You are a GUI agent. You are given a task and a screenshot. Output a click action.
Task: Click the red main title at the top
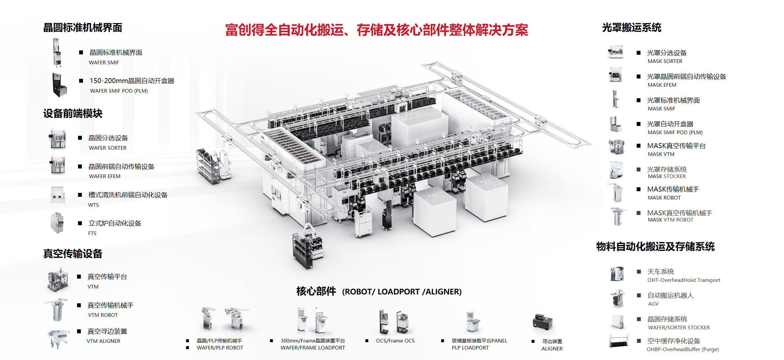[376, 30]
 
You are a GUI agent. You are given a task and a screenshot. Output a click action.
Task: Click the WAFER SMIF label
[104, 63]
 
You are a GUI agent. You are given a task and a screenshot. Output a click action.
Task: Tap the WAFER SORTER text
[108, 148]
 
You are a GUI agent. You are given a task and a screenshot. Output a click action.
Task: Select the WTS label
[94, 205]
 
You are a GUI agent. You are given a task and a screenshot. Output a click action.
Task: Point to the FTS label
[92, 233]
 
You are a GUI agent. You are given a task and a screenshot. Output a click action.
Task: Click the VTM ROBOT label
[103, 315]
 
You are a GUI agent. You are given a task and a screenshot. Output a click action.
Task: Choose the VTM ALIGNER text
[103, 341]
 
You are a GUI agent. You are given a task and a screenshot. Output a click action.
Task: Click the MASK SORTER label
[665, 61]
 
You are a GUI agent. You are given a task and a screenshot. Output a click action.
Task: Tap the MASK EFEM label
[662, 85]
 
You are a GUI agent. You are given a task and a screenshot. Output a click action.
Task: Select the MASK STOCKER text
[667, 176]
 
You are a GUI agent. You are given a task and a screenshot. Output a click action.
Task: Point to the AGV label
[653, 304]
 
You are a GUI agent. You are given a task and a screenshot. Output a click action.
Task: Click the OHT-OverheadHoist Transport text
[684, 280]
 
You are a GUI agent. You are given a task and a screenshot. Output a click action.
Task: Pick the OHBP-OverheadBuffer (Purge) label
[682, 349]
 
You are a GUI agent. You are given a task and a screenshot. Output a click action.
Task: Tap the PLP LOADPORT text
[470, 348]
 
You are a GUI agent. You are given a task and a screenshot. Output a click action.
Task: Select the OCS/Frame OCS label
[395, 341]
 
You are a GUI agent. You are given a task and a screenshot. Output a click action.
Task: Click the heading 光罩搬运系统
[631, 28]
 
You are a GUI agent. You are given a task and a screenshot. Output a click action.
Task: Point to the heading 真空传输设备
[73, 254]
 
